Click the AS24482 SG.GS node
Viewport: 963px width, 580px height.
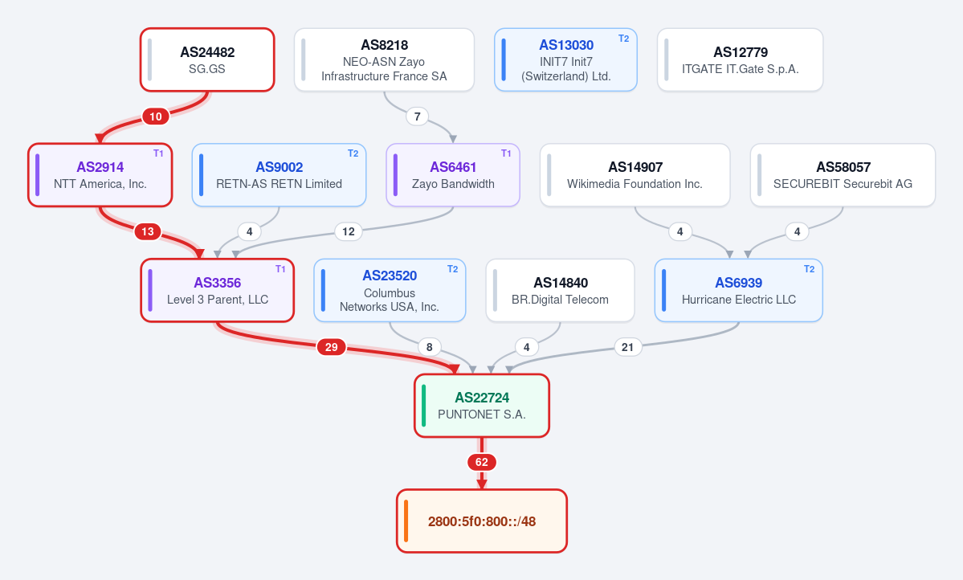[x=207, y=59]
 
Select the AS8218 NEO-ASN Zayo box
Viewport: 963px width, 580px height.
[x=384, y=59]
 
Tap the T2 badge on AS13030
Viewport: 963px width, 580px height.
[x=623, y=39]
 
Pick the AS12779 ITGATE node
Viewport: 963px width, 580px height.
[x=740, y=59]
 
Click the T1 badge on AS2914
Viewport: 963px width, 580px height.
[x=158, y=153]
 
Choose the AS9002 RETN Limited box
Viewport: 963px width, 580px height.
[x=279, y=175]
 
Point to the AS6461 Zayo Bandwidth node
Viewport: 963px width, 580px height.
[x=453, y=175]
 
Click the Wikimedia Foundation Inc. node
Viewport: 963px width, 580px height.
[x=635, y=175]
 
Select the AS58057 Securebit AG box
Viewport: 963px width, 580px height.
[x=843, y=175]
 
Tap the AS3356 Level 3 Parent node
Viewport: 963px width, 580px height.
[x=218, y=290]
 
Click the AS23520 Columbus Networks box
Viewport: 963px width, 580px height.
[x=390, y=290]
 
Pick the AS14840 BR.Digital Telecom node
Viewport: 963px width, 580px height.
[x=560, y=290]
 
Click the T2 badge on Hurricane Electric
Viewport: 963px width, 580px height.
[x=810, y=269]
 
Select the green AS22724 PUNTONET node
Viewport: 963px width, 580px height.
[x=482, y=406]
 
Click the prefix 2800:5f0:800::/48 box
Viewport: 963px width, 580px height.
[x=482, y=521]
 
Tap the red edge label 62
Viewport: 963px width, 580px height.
[x=482, y=462]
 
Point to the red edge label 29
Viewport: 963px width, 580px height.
[x=332, y=347]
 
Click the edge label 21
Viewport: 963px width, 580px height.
[x=627, y=347]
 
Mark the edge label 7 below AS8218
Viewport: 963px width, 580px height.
[x=418, y=116]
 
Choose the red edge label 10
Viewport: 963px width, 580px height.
[x=156, y=116]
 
